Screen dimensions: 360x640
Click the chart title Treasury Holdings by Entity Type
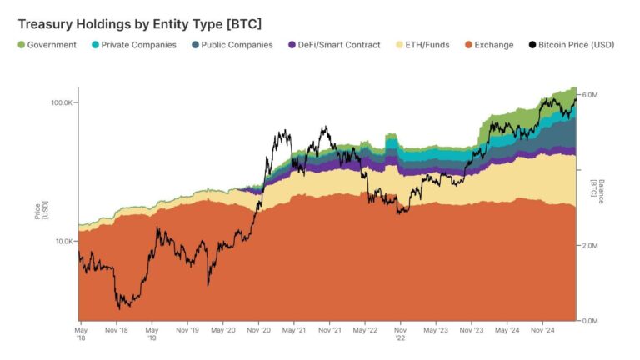click(139, 23)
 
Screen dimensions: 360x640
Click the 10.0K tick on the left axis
click(65, 242)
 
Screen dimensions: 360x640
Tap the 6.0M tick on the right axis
click(590, 95)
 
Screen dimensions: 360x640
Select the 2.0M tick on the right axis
click(590, 246)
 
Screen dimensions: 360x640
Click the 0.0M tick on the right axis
click(590, 321)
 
